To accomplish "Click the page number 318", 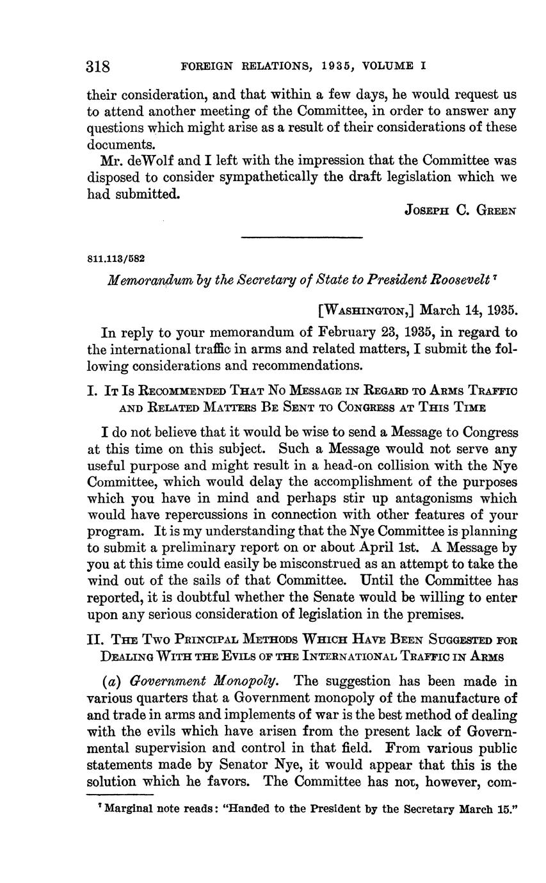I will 99,67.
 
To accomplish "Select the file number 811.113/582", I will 116,259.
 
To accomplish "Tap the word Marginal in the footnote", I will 131,809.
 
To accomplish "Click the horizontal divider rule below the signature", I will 301,238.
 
